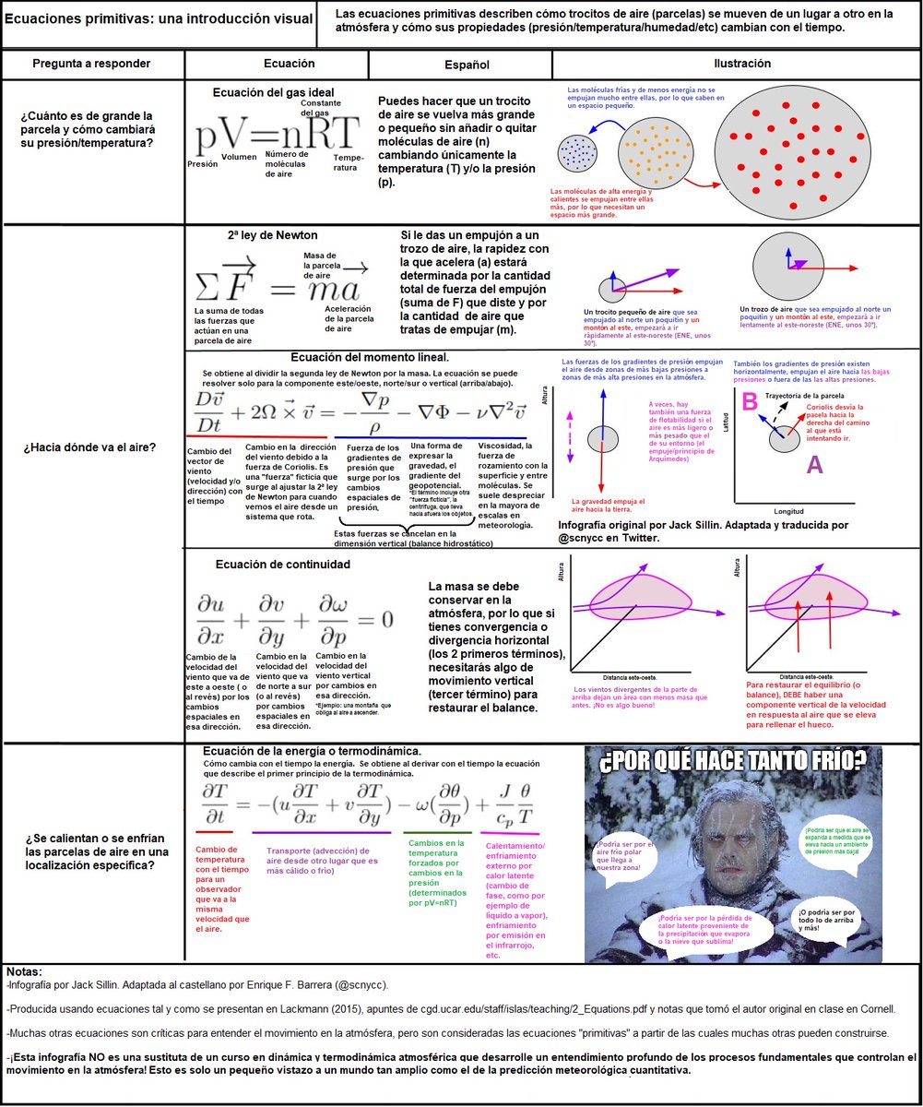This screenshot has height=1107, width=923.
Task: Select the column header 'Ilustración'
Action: [737, 64]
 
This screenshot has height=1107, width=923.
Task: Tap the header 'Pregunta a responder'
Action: [91, 64]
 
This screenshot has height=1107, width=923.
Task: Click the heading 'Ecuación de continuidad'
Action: [282, 565]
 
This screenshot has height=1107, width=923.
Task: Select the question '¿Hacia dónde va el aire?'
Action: [90, 448]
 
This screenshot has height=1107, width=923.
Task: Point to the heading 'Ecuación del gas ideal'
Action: [273, 93]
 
